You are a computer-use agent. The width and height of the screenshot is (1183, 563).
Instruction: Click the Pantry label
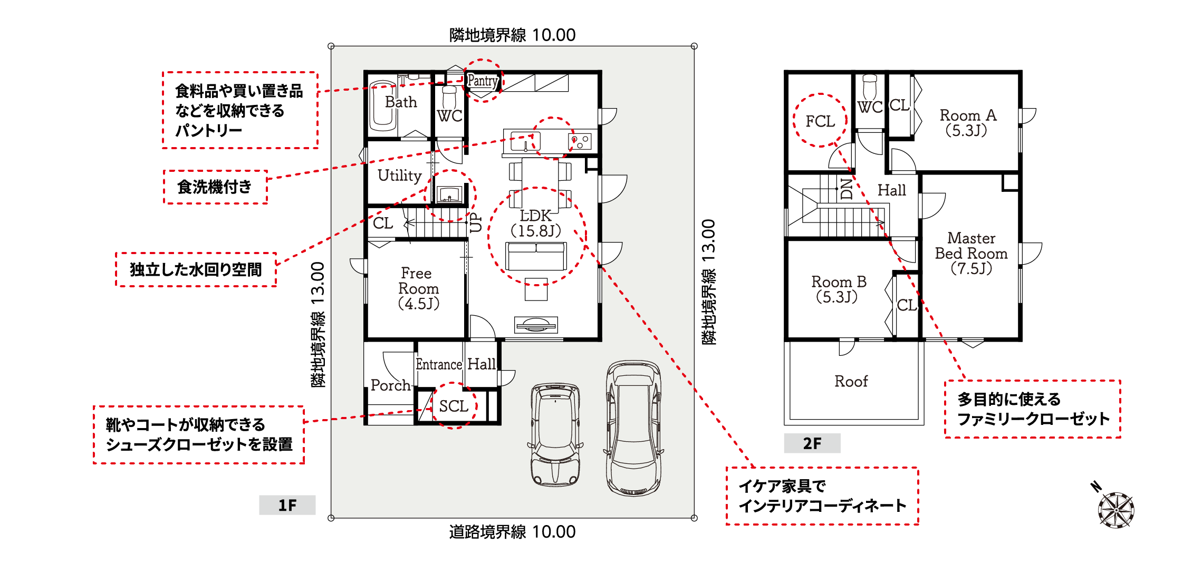click(483, 81)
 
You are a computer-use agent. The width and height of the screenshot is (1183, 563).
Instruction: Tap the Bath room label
click(401, 102)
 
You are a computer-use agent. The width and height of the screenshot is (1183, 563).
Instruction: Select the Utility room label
click(400, 176)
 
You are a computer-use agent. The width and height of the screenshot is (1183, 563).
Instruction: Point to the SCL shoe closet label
click(454, 406)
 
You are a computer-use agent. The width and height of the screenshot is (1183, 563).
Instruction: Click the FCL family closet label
click(820, 121)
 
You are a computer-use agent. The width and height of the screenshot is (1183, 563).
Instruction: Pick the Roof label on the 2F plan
click(851, 381)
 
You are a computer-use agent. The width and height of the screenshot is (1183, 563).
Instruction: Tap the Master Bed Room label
click(971, 254)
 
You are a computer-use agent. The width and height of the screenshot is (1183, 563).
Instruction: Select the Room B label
click(839, 289)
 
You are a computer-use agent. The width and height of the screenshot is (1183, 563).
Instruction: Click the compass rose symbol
click(1115, 509)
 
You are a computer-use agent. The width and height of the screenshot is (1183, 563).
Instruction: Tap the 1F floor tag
click(287, 505)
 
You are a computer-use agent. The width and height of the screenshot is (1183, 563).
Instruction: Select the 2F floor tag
click(812, 443)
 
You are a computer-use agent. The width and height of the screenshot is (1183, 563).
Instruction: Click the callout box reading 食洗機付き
click(215, 187)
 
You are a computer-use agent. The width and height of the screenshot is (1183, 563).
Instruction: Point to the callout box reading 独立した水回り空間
click(196, 269)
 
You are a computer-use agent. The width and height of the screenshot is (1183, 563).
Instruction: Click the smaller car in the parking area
click(555, 434)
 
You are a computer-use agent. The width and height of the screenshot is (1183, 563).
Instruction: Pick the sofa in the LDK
click(536, 256)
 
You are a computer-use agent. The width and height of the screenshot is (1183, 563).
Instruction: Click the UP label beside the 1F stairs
click(476, 222)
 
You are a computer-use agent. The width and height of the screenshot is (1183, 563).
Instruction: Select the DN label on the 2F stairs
click(847, 189)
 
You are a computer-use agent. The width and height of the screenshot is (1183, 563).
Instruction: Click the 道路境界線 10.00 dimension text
click(512, 532)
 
